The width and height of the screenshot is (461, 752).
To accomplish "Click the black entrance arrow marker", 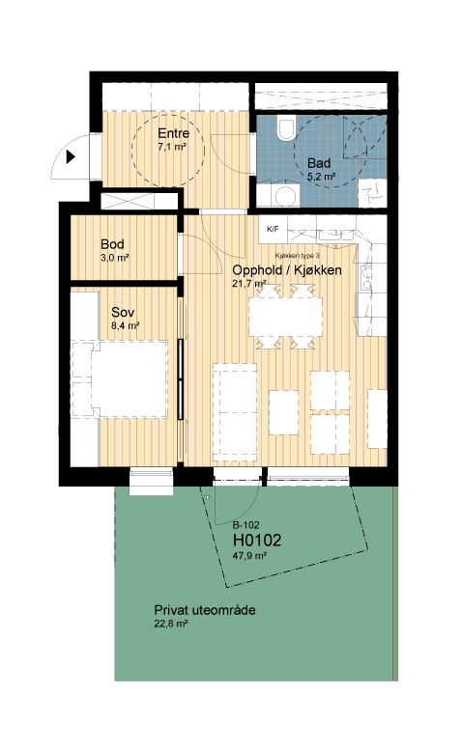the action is click(72, 156).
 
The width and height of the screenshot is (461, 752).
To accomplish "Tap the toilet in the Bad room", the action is click(286, 128).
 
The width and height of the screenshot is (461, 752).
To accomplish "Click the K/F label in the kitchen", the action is click(273, 229).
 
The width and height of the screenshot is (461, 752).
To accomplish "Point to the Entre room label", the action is click(173, 133).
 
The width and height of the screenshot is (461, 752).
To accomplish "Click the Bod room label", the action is click(112, 244).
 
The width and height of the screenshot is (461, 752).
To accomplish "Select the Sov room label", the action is click(123, 312).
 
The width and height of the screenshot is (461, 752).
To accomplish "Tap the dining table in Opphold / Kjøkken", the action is click(285, 317).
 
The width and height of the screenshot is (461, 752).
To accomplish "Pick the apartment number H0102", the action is click(257, 541).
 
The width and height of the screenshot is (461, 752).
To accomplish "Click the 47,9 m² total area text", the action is click(249, 556).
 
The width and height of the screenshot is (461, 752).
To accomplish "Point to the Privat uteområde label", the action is click(205, 610).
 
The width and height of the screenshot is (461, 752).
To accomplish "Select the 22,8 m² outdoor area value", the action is click(170, 624).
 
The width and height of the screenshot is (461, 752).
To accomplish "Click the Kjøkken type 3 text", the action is click(298, 256).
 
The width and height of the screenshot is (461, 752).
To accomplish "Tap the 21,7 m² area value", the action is click(249, 284).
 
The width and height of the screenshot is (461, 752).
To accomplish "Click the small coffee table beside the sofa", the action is click(283, 413).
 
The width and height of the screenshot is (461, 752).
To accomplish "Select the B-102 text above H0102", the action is click(245, 525).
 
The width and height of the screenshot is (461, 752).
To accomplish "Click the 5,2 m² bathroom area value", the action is click(321, 176).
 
